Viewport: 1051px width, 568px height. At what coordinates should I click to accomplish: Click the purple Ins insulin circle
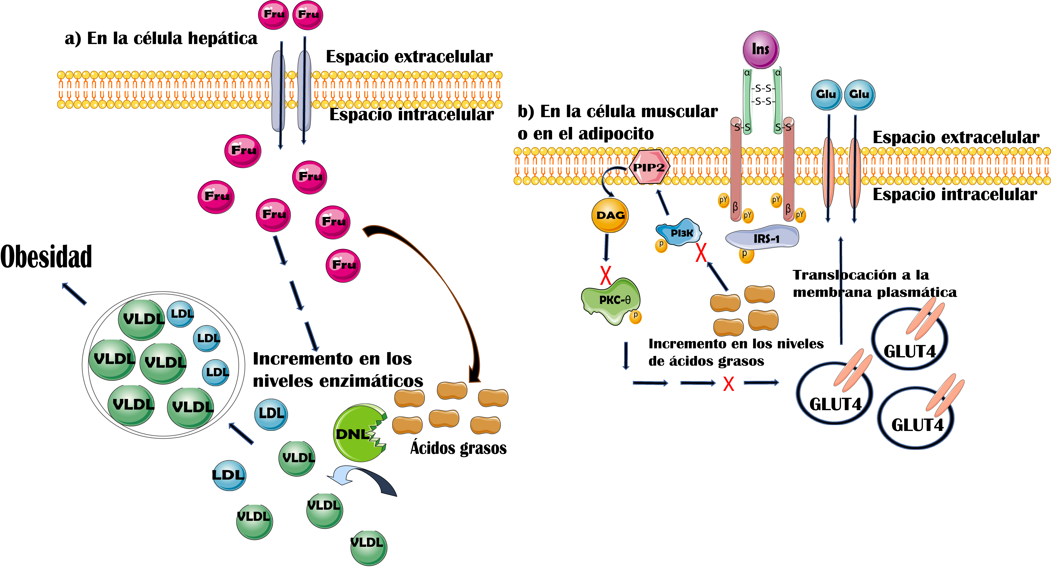pyautogui.click(x=761, y=49)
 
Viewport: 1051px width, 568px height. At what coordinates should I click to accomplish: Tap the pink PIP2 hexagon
pyautogui.click(x=649, y=167)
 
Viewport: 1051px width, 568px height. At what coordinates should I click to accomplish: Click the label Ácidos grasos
pyautogui.click(x=458, y=448)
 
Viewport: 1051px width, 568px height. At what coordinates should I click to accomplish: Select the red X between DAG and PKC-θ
pyautogui.click(x=606, y=276)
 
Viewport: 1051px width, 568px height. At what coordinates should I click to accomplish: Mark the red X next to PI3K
pyautogui.click(x=701, y=253)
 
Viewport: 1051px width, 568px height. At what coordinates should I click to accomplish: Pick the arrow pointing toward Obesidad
pyautogui.click(x=74, y=294)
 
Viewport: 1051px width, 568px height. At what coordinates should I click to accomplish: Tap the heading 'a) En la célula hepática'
pyautogui.click(x=161, y=39)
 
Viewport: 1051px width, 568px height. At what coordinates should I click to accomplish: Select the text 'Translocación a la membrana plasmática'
pyautogui.click(x=874, y=283)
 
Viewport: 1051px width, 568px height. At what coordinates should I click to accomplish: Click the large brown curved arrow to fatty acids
pyautogui.click(x=441, y=285)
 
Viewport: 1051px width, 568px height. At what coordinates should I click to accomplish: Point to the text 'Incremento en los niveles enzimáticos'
pyautogui.click(x=338, y=370)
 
